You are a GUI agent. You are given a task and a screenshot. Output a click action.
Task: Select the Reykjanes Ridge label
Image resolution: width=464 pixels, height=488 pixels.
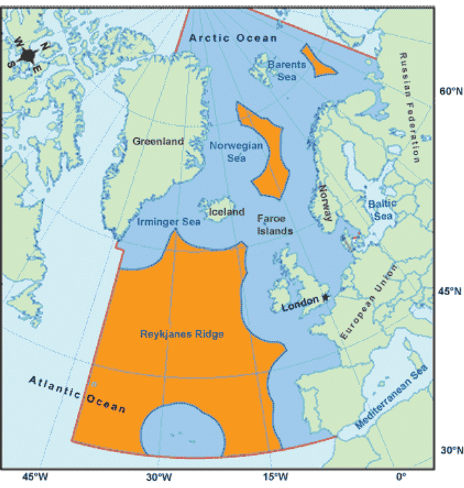click(x=182, y=334)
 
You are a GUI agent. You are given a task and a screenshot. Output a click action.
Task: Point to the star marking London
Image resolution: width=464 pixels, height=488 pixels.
click(x=325, y=298)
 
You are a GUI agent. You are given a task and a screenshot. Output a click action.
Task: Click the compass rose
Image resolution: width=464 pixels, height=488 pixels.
click(x=27, y=55)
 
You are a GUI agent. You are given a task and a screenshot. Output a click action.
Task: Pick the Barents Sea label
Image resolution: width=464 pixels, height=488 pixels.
click(x=287, y=70)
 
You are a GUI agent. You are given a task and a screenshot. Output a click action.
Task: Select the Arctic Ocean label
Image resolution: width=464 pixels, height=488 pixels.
click(x=232, y=38)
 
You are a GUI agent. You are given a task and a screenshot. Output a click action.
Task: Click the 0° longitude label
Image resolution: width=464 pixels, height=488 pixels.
click(x=400, y=476)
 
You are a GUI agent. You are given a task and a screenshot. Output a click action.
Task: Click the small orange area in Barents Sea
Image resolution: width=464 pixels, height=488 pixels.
click(x=318, y=60)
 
